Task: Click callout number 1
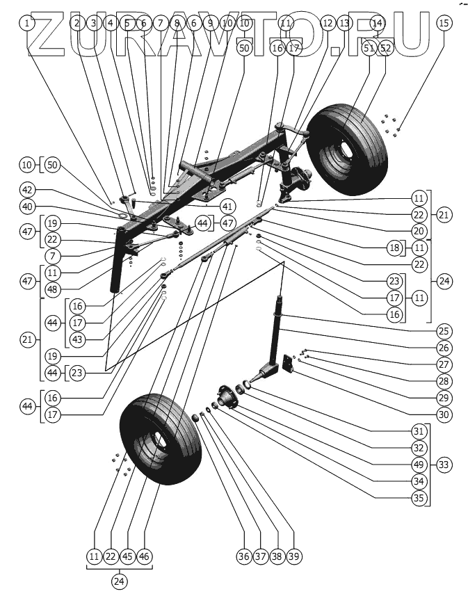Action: point(27,23)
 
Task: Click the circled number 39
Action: point(294,556)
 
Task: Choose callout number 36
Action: point(244,556)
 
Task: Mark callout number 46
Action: point(145,556)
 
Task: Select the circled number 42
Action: point(27,190)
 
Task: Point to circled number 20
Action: point(417,231)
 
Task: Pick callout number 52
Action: point(386,47)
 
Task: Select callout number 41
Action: point(227,207)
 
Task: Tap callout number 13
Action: point(344,23)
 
